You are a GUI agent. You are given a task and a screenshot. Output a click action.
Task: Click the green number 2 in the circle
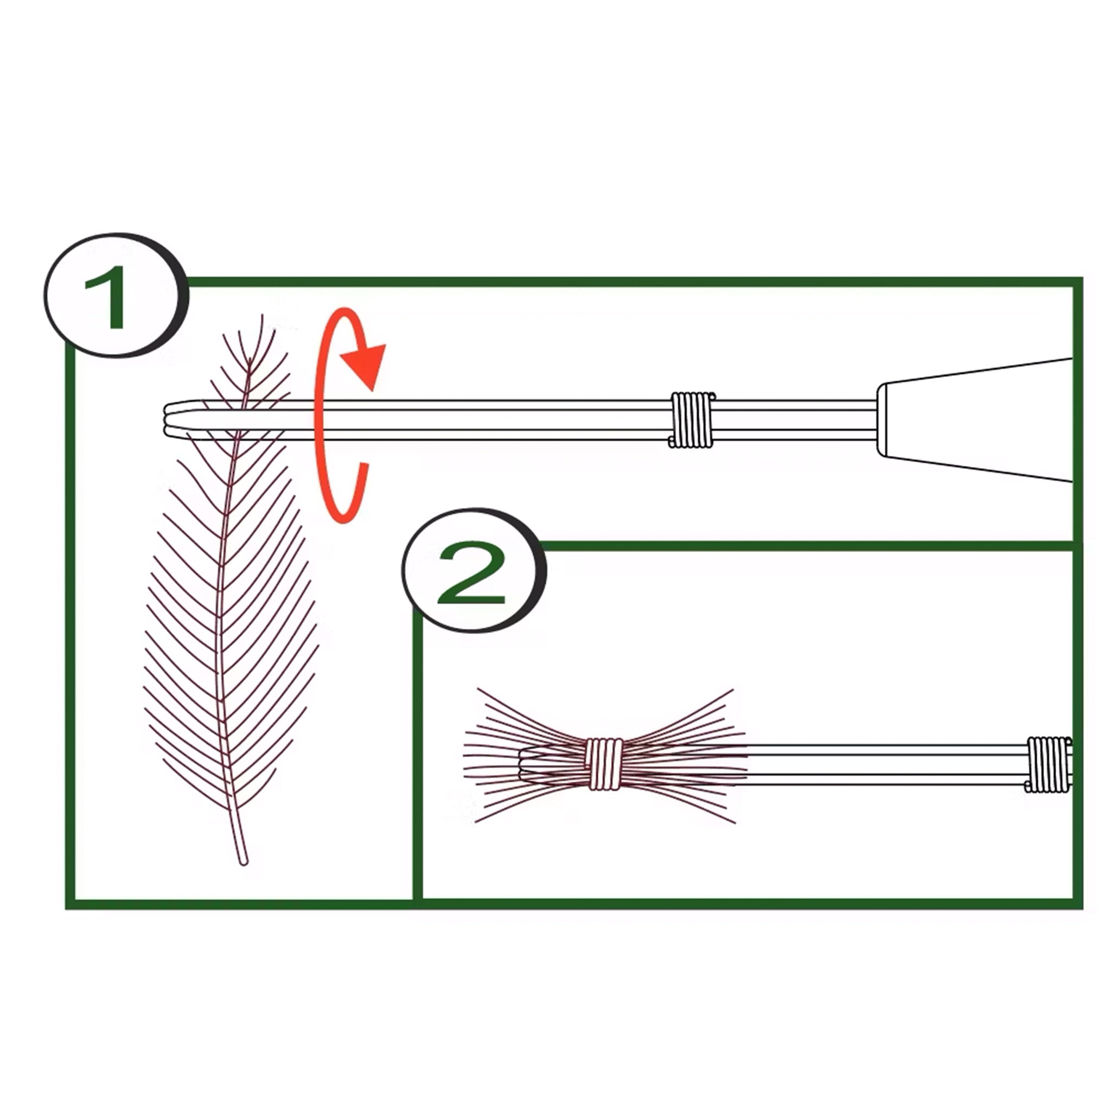pos(471,574)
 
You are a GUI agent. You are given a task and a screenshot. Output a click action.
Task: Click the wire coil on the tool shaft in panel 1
pos(692,419)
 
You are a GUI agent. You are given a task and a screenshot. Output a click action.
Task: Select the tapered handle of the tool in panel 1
pos(978,420)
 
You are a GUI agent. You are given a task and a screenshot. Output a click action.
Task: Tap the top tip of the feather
pos(262,317)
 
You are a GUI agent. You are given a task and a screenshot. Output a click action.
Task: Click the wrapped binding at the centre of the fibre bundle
pos(604,764)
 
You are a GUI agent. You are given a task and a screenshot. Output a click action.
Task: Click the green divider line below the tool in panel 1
pos(805,546)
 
